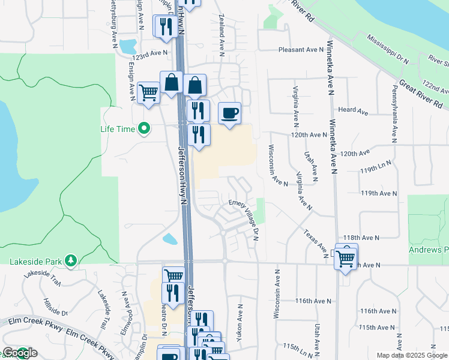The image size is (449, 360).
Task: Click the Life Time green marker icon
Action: (143, 128)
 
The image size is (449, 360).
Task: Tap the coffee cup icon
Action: (229, 113)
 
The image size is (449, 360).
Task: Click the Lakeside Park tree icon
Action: (71, 260)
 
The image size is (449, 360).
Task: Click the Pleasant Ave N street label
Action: (300, 50)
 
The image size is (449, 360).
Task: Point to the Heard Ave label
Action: (353, 111)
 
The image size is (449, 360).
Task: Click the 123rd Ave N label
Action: (151, 54)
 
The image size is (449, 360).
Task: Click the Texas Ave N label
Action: (315, 240)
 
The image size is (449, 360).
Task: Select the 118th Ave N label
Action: (362, 238)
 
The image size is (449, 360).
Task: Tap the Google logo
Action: (19, 353)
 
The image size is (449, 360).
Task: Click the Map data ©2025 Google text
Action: (412, 355)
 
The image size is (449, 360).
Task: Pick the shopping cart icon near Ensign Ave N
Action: (148, 93)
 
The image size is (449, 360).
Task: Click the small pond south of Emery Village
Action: (170, 239)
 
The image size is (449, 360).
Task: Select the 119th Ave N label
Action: (379, 193)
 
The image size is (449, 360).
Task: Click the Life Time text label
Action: (118, 129)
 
